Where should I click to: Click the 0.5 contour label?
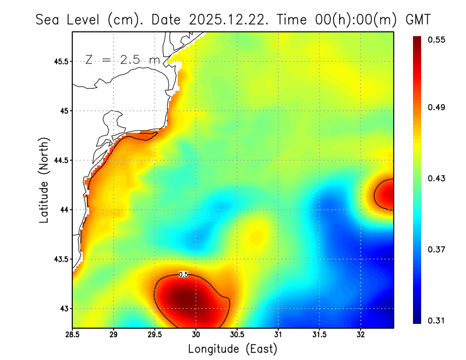pyautogui.click(x=183, y=274)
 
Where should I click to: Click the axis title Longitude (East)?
pyautogui.click(x=232, y=349)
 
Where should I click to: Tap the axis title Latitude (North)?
pyautogui.click(x=44, y=180)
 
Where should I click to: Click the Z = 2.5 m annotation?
pyautogui.click(x=122, y=59)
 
